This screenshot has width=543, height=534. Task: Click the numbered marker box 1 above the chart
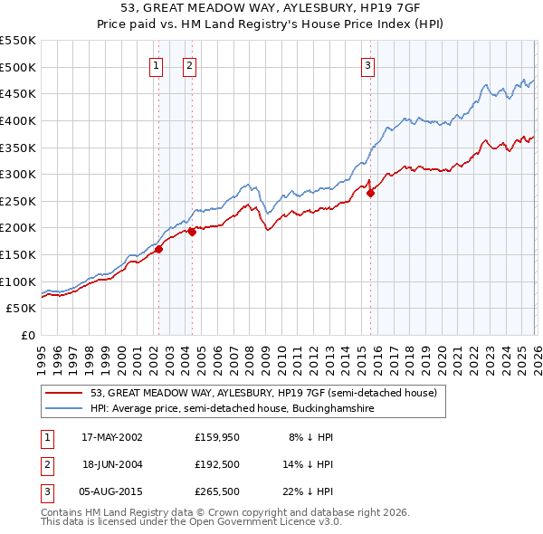tap(157, 64)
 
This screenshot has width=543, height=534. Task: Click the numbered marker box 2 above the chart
tap(190, 64)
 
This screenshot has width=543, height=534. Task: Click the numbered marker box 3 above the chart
tap(368, 64)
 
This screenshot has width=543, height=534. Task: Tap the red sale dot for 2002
tap(158, 249)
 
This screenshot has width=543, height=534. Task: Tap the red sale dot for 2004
tap(192, 232)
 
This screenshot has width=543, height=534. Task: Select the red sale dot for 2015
tap(370, 193)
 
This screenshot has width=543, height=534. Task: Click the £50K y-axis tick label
tap(21, 309)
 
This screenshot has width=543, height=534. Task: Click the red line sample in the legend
tap(64, 394)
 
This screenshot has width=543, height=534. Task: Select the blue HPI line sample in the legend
tap(64, 409)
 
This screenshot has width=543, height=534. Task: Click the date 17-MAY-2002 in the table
tap(111, 437)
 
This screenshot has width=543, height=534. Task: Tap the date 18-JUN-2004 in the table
tap(111, 463)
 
